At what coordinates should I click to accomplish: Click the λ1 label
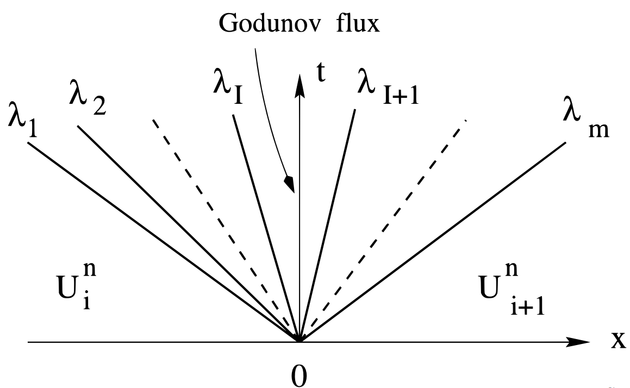20,117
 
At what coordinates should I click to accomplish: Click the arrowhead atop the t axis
298,82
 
